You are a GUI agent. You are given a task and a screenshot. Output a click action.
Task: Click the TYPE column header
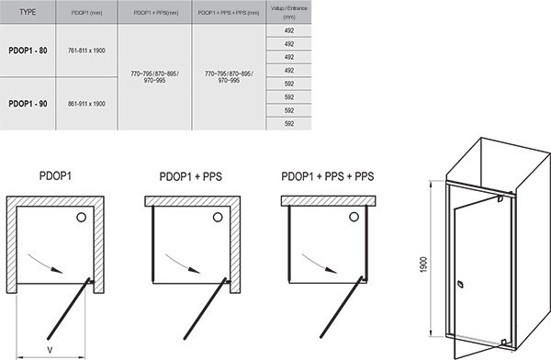coord(28,12)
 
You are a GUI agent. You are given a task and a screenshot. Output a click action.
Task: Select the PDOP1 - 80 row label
coord(28,51)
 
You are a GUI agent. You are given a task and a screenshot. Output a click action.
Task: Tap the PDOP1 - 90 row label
coord(28,104)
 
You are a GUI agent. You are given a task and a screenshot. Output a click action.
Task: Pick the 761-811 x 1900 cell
coord(86,51)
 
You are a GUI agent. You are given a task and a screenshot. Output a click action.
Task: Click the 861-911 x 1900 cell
coord(86,104)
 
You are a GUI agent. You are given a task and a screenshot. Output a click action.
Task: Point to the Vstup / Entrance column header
coord(289,12)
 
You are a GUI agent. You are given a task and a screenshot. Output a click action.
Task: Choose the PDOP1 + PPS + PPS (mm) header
coord(229,13)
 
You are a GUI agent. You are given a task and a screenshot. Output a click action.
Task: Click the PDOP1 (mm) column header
coord(86,13)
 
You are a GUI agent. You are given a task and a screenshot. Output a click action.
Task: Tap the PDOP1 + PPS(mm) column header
coord(156,13)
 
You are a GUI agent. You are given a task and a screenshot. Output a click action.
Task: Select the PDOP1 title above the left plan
coord(55,175)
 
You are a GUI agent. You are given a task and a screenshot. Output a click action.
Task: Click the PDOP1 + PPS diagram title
coord(190,176)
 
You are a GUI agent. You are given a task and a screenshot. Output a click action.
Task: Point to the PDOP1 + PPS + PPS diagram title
coord(328,176)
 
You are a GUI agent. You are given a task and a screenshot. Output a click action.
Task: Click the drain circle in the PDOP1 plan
coord(81,218)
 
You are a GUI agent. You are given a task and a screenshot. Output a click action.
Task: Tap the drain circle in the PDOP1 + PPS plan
coord(218,218)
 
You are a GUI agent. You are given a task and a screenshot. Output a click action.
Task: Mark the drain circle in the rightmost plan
coord(354,218)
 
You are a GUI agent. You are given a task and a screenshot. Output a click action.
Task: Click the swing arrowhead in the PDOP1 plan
coord(57,270)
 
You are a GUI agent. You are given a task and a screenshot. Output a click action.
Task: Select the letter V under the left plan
coord(50,350)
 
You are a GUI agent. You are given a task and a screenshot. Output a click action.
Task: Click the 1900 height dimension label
coord(423,264)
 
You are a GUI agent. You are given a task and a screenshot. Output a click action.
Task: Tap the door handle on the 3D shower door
coord(460,284)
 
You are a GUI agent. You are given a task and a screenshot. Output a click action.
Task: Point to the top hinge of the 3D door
coord(500,198)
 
